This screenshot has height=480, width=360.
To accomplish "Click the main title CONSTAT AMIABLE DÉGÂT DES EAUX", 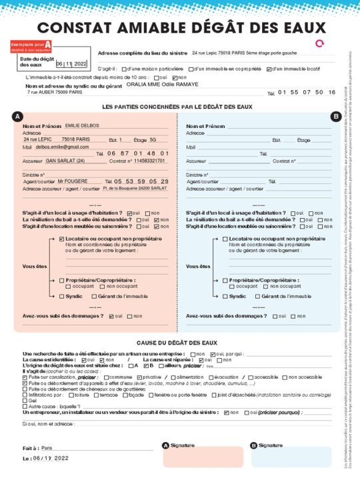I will point(181,27).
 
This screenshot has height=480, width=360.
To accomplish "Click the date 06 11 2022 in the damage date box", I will point(71,64).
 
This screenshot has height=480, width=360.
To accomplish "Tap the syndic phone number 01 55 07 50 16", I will point(306,92).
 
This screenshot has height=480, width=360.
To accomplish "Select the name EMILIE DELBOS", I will point(81,125).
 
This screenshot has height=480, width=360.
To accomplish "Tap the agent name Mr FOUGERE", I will point(73,181).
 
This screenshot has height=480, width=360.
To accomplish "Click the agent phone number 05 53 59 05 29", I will point(141,181).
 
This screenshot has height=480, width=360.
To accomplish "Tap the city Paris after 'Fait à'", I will point(47,448).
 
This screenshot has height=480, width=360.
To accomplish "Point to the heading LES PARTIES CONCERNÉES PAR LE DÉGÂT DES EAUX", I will point(177,107).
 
